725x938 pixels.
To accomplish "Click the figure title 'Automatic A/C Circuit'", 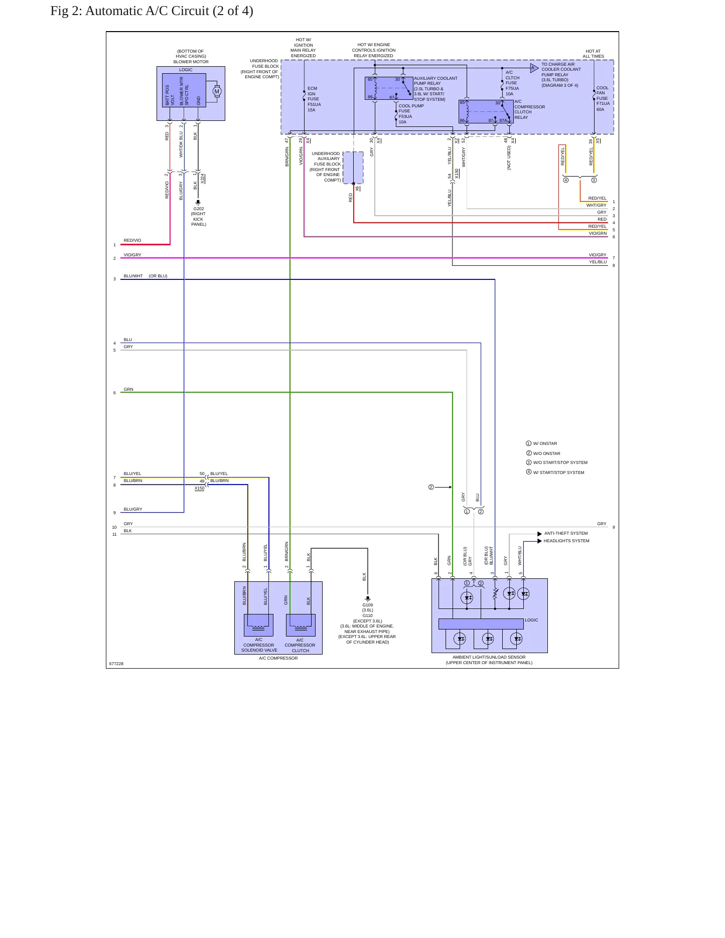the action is coord(148,11).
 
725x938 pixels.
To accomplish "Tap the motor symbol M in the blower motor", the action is coord(217,91).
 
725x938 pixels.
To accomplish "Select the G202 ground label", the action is coord(199,209).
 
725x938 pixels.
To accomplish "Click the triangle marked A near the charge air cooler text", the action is coord(534,68).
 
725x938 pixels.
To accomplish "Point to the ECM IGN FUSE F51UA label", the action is coord(314,99).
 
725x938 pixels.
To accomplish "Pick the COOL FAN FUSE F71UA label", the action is coord(603,98).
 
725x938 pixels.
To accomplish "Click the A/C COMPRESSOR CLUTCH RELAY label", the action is coord(529,109).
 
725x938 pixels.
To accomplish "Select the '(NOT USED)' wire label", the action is coord(509,158).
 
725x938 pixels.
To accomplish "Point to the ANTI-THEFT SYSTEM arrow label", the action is coord(566,534).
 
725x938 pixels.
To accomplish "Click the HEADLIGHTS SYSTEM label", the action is coord(566,541).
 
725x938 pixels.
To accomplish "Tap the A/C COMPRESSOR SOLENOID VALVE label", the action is coord(259,645).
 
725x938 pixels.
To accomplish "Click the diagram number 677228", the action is coord(116,664).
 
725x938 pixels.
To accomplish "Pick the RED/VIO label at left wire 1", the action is coord(132,241).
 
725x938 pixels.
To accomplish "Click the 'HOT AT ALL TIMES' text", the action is coord(594,54).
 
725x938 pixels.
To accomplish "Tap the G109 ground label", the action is coord(368,605).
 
